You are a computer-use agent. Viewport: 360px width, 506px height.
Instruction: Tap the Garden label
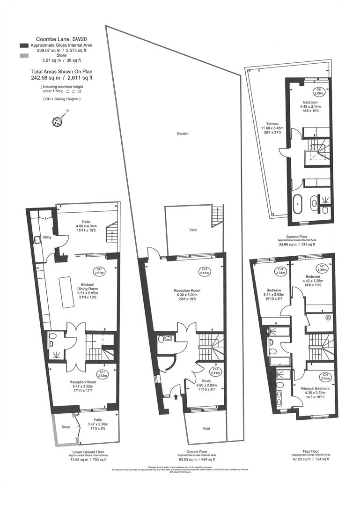click(x=183, y=134)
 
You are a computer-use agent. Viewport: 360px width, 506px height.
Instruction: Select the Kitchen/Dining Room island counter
click(x=67, y=292)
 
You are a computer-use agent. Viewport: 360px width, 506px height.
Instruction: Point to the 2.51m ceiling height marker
click(x=99, y=271)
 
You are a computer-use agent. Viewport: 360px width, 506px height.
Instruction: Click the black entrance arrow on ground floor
click(x=176, y=398)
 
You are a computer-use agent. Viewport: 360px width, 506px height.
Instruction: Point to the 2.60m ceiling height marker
click(x=318, y=91)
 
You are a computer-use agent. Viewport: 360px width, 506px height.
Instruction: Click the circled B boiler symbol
click(x=328, y=318)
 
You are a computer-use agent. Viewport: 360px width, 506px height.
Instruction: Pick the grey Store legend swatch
click(x=24, y=56)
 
